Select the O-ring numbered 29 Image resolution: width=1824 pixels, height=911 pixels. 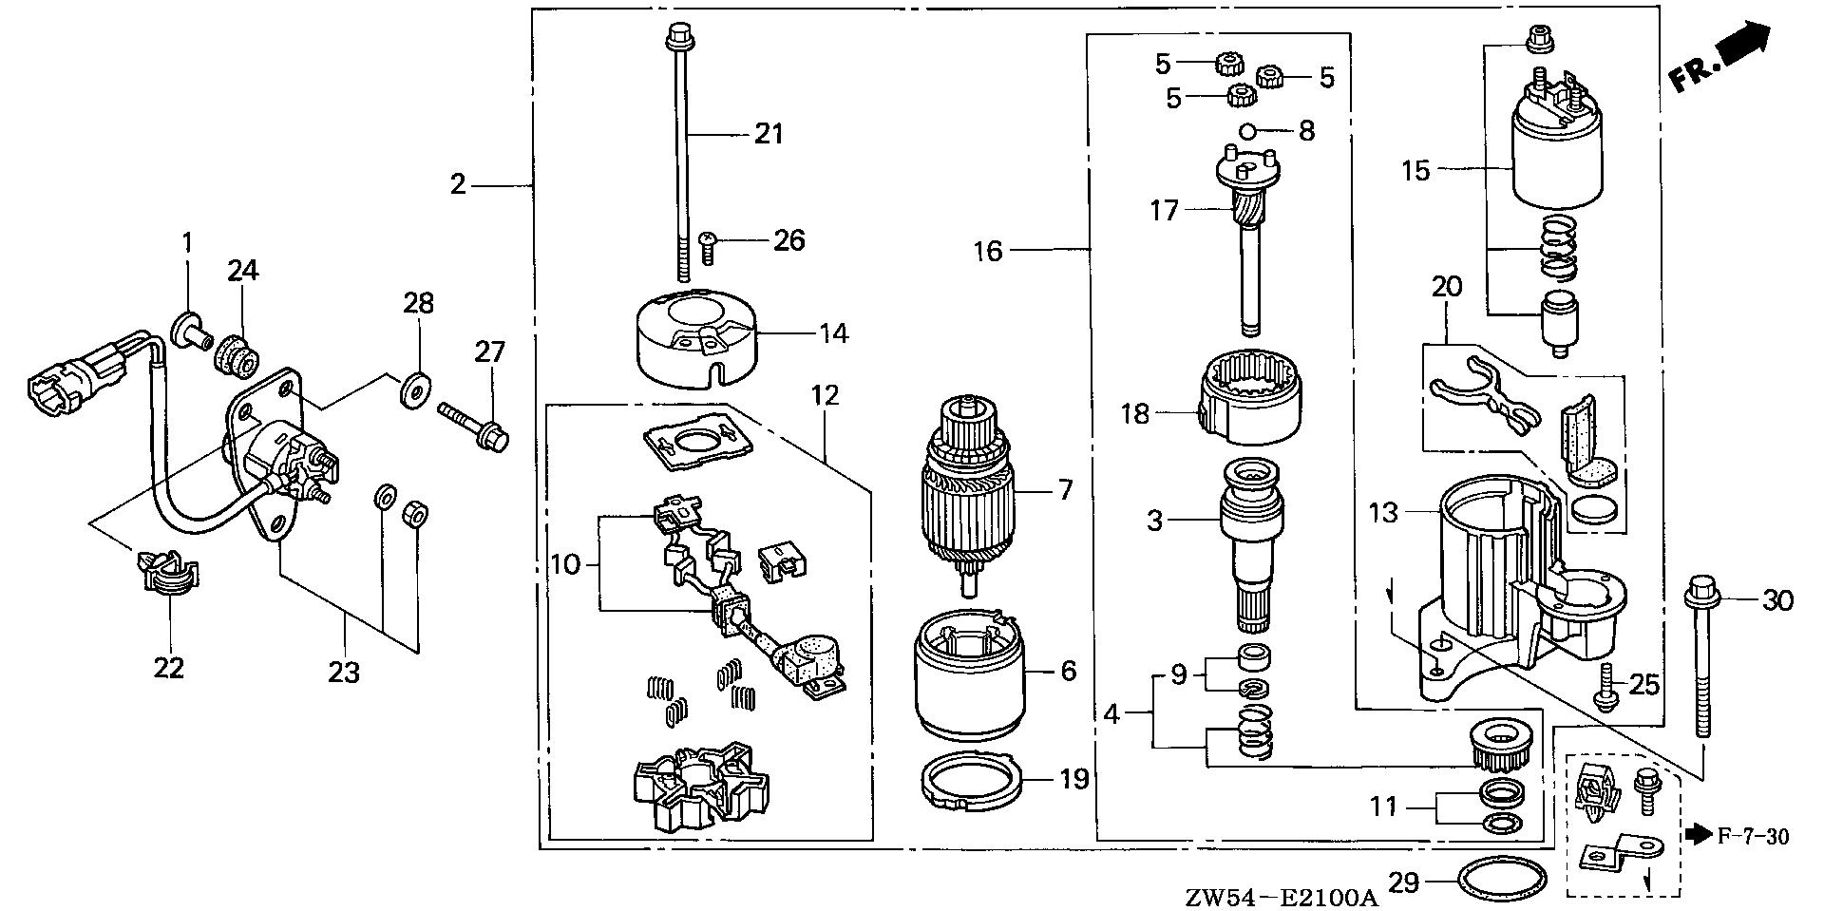pos(1500,882)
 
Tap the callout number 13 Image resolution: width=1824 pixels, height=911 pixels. pos(1383,513)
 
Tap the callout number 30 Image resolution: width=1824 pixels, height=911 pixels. pos(1777,599)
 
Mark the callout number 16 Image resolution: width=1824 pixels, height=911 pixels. pos(987,251)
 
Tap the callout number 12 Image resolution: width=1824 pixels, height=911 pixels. pos(825,394)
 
